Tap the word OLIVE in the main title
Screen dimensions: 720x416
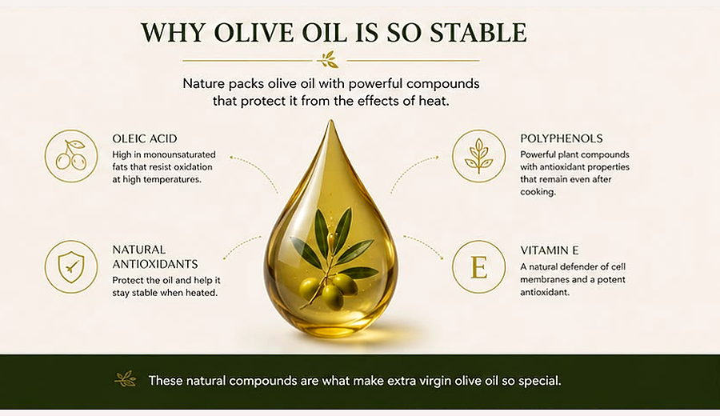click(x=254, y=33)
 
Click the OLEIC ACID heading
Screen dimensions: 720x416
click(x=145, y=138)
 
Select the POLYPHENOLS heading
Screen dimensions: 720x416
click(x=561, y=138)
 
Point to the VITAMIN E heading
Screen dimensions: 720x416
click(x=549, y=250)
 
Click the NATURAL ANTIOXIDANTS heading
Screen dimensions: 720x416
click(x=155, y=257)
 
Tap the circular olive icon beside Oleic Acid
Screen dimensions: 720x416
click(x=71, y=156)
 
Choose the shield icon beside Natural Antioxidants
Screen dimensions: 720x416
click(x=71, y=266)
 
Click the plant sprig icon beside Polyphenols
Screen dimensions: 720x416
click(x=478, y=156)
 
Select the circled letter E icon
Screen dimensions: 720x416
click(x=478, y=266)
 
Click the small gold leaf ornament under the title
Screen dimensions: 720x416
click(x=330, y=60)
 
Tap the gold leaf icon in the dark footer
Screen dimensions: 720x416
click(x=126, y=379)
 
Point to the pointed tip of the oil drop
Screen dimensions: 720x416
click(x=330, y=120)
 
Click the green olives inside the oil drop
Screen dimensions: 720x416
click(x=329, y=290)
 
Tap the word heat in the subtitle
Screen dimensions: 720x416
click(x=433, y=101)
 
